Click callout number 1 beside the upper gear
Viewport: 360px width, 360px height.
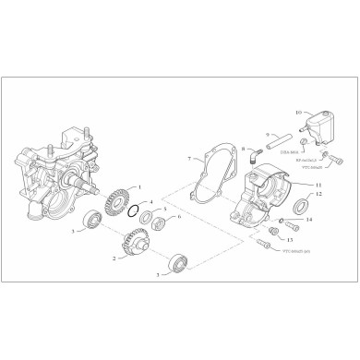tap(138, 188)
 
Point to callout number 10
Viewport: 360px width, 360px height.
tap(299, 111)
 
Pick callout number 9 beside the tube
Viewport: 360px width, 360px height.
tap(269, 135)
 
